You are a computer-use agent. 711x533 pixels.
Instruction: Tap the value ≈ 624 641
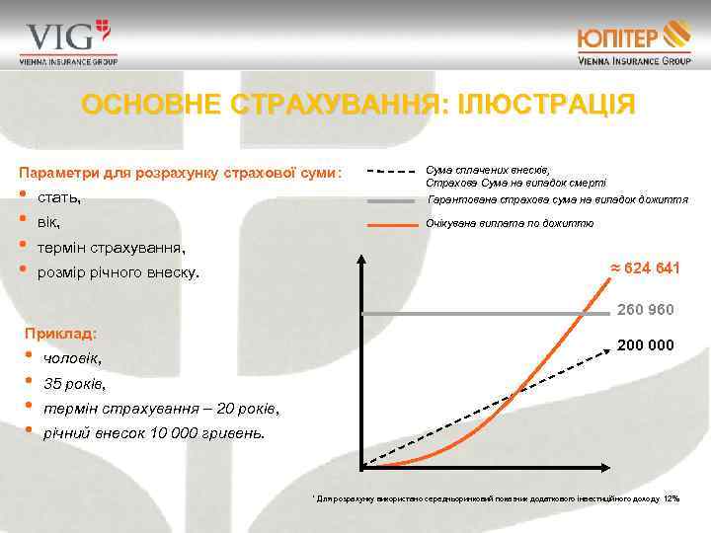coord(642,268)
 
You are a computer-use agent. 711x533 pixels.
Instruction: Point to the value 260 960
coord(645,310)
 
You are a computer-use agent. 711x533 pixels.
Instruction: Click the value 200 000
coord(645,346)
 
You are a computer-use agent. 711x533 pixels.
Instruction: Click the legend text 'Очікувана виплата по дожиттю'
coord(510,224)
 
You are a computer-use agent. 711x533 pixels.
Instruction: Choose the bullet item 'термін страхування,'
coord(111,247)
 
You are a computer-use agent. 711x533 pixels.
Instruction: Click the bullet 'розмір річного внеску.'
coord(118,271)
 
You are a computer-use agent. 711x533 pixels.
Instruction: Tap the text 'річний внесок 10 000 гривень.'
coord(154,431)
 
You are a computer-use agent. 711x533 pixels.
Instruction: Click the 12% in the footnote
coord(671,498)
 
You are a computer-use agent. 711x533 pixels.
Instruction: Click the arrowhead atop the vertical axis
coord(362,261)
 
